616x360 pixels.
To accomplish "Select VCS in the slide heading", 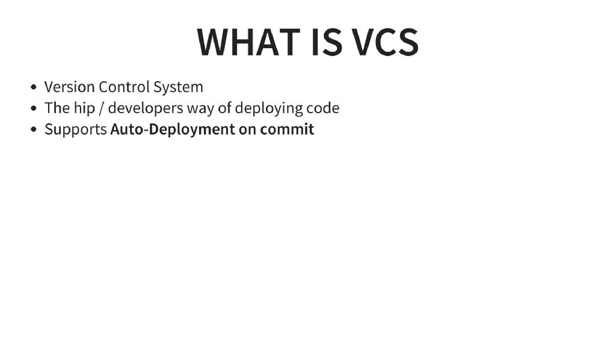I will tap(385, 42).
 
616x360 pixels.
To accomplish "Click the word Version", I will tap(69, 87).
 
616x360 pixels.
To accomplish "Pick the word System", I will tap(178, 87).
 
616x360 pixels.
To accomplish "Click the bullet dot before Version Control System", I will tap(34, 87).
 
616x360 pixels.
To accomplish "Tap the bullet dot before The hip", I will tap(34, 109).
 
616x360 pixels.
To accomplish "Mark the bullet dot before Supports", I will tap(34, 130).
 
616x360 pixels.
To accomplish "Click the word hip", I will tap(84, 108).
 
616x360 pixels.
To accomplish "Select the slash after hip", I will tap(102, 108).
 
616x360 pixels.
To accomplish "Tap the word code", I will tap(323, 108).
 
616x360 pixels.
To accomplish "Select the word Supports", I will tap(75, 130).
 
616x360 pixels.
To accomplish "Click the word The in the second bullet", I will tap(57, 108).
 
